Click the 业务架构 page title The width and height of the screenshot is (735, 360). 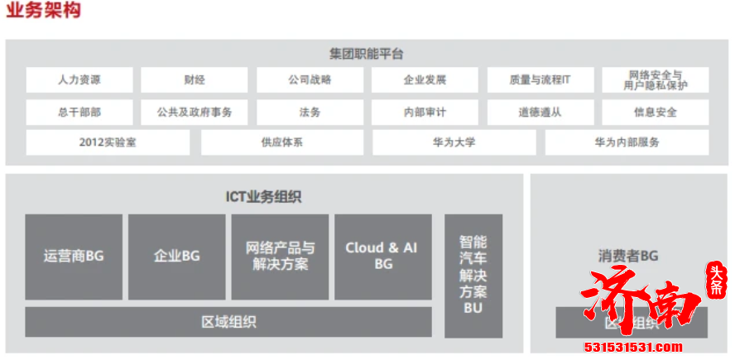point(44,11)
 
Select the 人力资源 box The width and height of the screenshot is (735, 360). point(79,80)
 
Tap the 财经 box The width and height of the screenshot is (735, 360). point(195,80)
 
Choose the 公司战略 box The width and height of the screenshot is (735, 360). point(310,80)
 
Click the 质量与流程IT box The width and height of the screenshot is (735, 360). point(540,80)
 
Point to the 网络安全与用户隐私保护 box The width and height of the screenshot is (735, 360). point(656,80)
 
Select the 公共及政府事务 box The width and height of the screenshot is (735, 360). point(195,112)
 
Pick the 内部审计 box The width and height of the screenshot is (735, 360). point(425,112)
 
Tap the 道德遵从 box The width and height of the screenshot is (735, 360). point(540,112)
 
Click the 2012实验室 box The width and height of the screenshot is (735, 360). point(108,142)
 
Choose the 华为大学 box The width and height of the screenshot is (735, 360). point(454,142)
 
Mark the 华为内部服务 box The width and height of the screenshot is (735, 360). point(627,142)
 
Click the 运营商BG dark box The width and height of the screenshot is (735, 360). point(74,257)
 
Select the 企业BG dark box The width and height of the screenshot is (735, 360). point(176,257)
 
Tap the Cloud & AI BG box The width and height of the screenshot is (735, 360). point(382,257)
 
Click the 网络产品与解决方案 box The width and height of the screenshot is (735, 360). point(280,257)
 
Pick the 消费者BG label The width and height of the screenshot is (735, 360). point(627,257)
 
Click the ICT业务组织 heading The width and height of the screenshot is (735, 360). point(263,197)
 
